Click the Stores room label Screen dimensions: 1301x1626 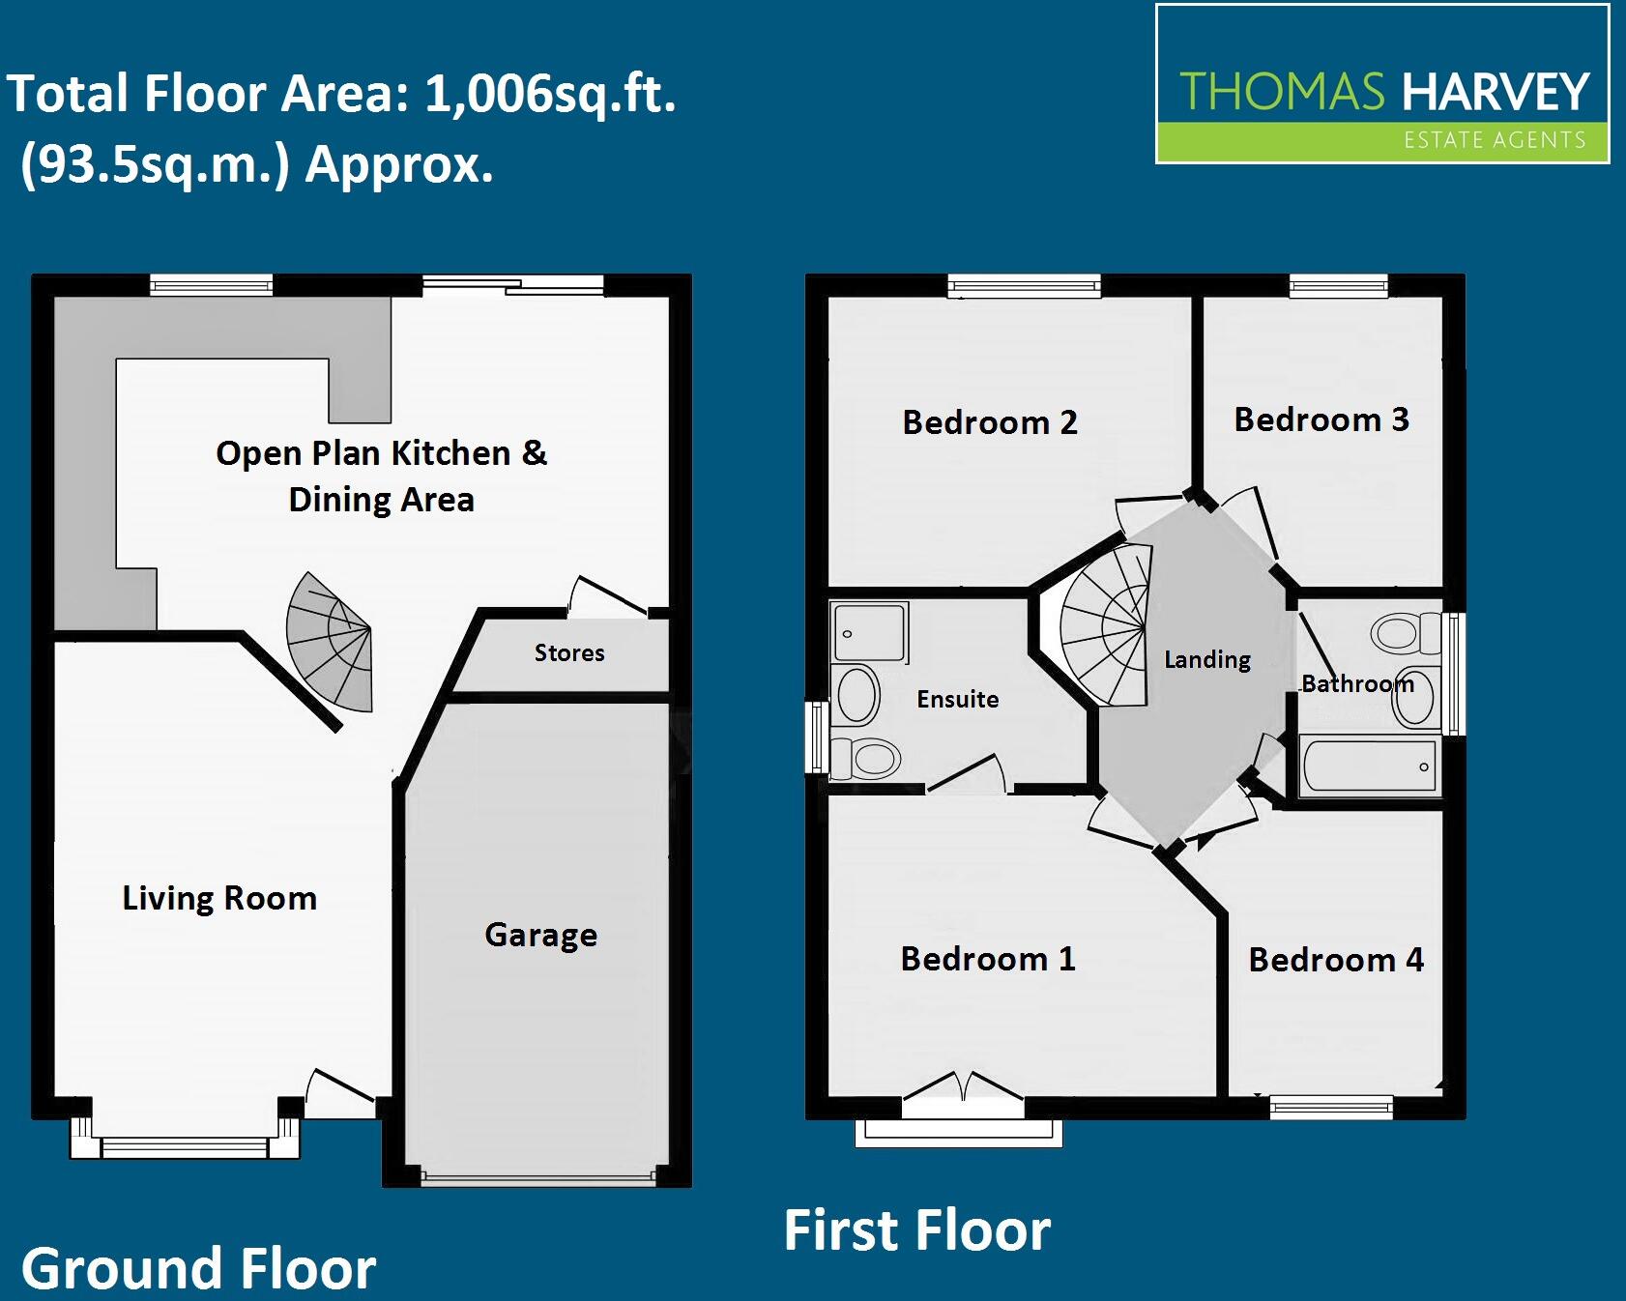pyautogui.click(x=569, y=653)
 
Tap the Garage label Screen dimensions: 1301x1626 pyautogui.click(x=540, y=935)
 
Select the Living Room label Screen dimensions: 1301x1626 pyautogui.click(x=219, y=898)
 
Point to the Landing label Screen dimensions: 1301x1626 pyautogui.click(x=1207, y=659)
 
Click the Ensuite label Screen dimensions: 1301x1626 pyautogui.click(x=957, y=699)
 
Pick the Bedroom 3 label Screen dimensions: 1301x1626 pyautogui.click(x=1321, y=419)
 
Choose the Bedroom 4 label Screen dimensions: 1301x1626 pyautogui.click(x=1336, y=960)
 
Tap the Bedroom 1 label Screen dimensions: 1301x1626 pyautogui.click(x=988, y=959)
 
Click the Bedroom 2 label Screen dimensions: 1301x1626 pyautogui.click(x=990, y=422)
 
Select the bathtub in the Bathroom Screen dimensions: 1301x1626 pyautogui.click(x=1368, y=766)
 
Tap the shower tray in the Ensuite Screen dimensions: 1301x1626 pyautogui.click(x=869, y=632)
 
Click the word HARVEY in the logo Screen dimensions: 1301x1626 pyautogui.click(x=1495, y=92)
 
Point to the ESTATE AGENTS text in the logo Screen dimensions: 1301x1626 pyautogui.click(x=1495, y=141)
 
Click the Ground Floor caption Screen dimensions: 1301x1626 pyautogui.click(x=199, y=1269)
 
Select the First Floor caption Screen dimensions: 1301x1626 pyautogui.click(x=916, y=1230)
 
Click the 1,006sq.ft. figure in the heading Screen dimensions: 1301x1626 pyautogui.click(x=550, y=95)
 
